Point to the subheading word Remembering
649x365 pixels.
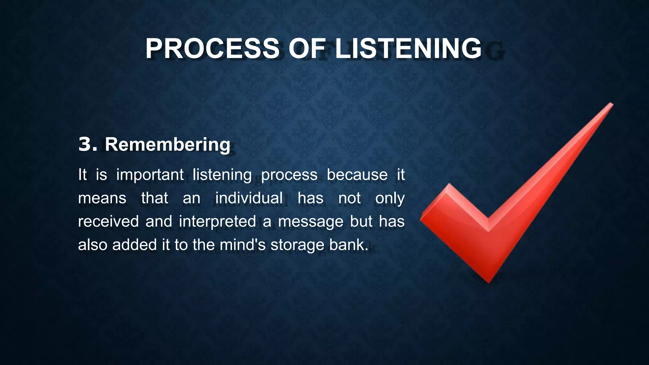click(x=167, y=145)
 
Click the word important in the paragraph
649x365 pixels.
click(x=150, y=175)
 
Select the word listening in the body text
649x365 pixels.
click(x=222, y=175)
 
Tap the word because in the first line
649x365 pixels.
click(x=357, y=175)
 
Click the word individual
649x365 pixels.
click(x=249, y=198)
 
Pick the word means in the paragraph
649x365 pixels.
click(x=102, y=198)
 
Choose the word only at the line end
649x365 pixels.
click(x=390, y=198)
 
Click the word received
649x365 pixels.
click(x=108, y=221)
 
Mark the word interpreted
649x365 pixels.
click(x=217, y=221)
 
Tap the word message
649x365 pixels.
click(x=311, y=221)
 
